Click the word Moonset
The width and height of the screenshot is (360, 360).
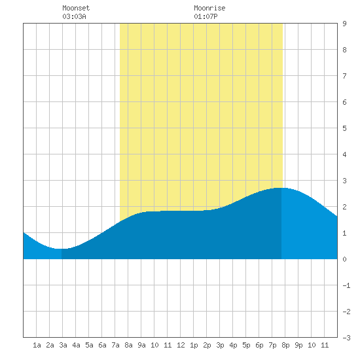point(76,8)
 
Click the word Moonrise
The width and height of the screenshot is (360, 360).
point(209,8)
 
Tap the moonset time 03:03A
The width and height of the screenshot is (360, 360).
point(74,16)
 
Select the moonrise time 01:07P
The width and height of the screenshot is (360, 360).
point(206,16)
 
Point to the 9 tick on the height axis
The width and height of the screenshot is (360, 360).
point(344,24)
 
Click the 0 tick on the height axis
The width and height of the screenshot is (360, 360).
point(344,259)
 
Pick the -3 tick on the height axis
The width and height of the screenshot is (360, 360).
point(346,338)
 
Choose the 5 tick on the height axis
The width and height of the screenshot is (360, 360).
point(344,128)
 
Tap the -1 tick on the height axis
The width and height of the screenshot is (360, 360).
point(346,285)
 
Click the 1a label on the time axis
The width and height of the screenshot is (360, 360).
point(37,345)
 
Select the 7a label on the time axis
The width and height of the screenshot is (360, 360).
point(115,345)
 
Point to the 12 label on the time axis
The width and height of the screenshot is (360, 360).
point(181,345)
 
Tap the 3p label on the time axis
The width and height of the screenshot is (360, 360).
point(220,345)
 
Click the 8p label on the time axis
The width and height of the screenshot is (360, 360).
point(285,345)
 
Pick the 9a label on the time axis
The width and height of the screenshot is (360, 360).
point(141,345)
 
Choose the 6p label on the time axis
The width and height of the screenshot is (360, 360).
point(259,345)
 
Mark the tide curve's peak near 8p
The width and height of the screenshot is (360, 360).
point(281,188)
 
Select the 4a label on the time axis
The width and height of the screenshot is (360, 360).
point(76,345)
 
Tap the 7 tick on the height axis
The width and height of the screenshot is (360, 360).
point(344,76)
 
